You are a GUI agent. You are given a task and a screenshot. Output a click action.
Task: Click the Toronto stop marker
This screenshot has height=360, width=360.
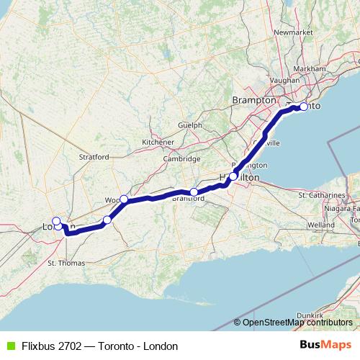pos(304,107)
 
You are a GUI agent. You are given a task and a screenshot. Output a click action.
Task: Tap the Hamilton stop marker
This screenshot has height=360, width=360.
pos(233,176)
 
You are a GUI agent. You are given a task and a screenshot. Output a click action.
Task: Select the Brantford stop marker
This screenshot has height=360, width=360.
pos(194,192)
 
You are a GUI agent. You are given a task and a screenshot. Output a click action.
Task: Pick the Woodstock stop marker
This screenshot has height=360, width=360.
pos(124,199)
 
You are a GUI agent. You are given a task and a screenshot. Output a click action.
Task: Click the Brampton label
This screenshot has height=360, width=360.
pos(250,102)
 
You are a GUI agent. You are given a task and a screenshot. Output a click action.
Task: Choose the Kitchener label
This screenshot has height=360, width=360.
pos(159,142)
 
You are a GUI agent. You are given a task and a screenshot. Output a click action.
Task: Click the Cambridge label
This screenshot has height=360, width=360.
pos(181,158)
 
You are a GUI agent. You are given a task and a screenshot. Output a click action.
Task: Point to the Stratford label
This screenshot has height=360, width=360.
pos(94,156)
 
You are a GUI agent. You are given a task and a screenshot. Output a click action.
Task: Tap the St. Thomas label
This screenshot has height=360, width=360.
pos(61,264)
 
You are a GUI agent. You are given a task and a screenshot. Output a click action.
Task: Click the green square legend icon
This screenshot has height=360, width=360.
pos(9,346)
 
